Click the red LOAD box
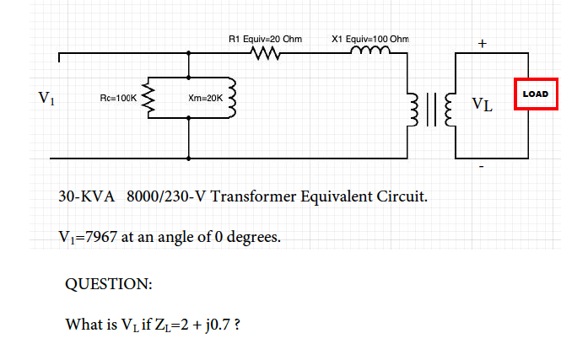point(535,94)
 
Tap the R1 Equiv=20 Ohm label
point(266,39)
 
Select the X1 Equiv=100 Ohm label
point(370,39)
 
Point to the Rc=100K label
point(117,99)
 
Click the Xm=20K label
point(207,99)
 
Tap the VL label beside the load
point(483,105)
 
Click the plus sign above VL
point(482,42)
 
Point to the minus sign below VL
point(482,166)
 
